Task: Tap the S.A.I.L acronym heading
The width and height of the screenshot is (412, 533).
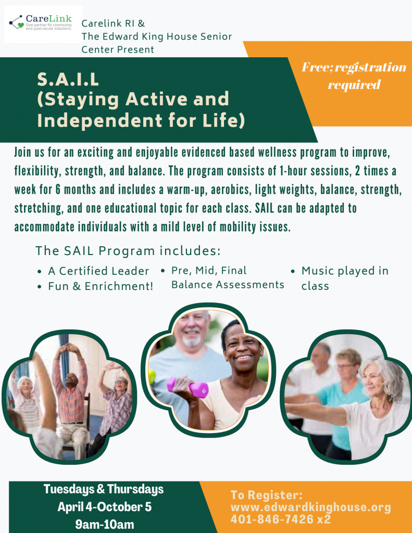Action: click(x=68, y=79)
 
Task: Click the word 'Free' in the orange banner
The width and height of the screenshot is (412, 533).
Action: click(x=316, y=67)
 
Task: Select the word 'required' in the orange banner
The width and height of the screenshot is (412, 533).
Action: click(x=354, y=85)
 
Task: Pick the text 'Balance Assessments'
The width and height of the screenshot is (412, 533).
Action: click(x=228, y=285)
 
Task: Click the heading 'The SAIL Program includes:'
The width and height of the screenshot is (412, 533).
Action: click(x=128, y=251)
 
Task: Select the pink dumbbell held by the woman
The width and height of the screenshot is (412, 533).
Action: click(x=188, y=387)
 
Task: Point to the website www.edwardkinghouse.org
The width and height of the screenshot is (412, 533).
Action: click(x=310, y=507)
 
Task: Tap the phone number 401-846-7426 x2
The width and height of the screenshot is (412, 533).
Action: click(x=281, y=519)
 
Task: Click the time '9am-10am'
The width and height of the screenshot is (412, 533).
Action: click(x=105, y=524)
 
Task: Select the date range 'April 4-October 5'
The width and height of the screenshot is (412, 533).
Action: click(x=105, y=507)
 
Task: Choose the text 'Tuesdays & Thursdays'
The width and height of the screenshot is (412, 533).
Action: click(x=104, y=489)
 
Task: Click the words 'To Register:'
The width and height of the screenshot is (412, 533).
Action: click(x=266, y=495)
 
